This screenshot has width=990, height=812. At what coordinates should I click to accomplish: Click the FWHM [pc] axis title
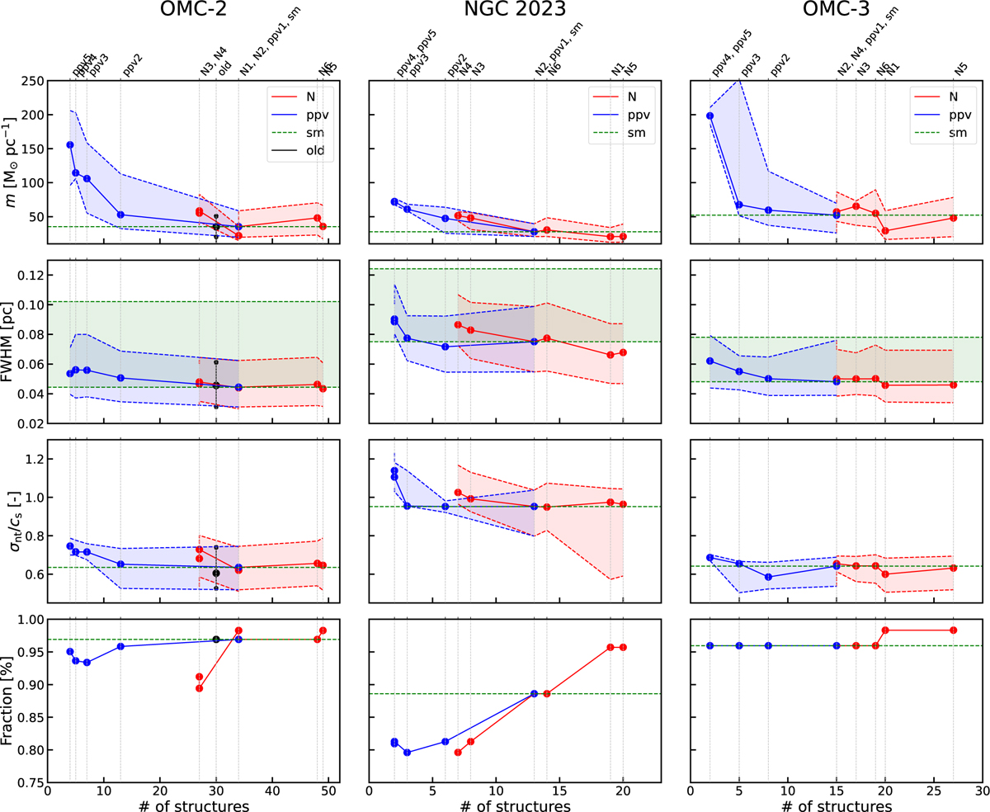[x=12, y=342]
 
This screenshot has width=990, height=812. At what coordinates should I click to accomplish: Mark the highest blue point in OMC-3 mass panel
[x=710, y=116]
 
